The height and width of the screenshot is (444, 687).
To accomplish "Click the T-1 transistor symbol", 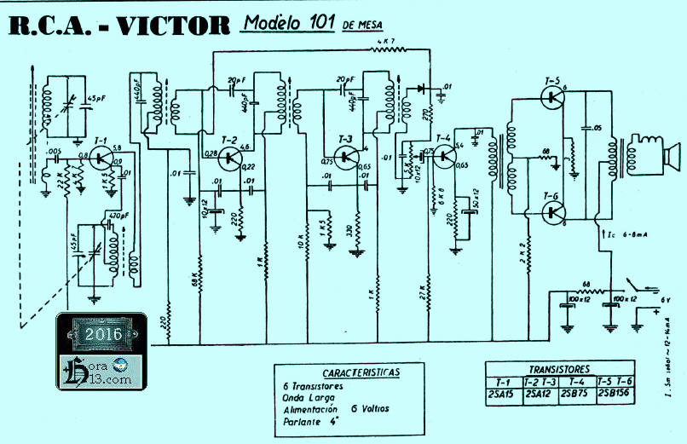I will pyautogui.click(x=102, y=159).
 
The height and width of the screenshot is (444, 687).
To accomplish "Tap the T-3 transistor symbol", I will pyautogui.click(x=348, y=157).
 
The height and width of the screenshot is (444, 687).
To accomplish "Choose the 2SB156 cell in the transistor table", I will pyautogui.click(x=615, y=394).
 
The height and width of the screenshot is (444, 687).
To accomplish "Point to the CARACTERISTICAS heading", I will pyautogui.click(x=361, y=373).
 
